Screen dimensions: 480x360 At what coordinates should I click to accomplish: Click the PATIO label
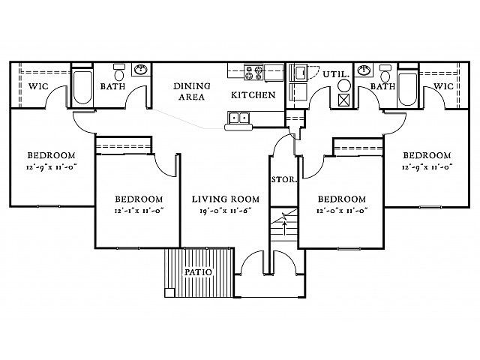tap(198, 272)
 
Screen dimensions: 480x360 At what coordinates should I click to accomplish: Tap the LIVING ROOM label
tap(226, 199)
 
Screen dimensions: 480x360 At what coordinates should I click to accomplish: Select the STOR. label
tap(284, 180)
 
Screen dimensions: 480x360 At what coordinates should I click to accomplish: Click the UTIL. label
tap(336, 74)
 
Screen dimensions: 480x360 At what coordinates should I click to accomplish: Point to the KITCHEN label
tap(253, 95)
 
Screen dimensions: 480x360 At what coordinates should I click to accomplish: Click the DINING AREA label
tap(192, 91)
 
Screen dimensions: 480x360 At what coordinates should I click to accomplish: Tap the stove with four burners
tap(253, 72)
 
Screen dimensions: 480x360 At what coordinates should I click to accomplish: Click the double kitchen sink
tap(238, 118)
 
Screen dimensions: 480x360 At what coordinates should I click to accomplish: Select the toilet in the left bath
tap(118, 72)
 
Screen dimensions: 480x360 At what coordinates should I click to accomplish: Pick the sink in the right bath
tap(364, 70)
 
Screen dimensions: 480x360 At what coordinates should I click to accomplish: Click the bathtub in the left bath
tap(82, 87)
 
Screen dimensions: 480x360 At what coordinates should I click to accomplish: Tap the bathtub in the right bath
tap(408, 89)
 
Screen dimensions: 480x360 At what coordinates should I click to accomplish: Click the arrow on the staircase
tap(285, 228)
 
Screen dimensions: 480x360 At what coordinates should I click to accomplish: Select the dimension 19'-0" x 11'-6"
tap(226, 211)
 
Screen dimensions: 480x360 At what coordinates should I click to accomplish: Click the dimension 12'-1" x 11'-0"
tap(139, 211)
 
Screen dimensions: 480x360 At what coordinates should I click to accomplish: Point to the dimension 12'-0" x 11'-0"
tap(342, 211)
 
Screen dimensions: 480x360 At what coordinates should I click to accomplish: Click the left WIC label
tap(38, 86)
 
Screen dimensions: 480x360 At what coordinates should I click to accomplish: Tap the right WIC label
tap(443, 86)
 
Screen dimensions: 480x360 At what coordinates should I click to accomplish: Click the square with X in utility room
tap(345, 100)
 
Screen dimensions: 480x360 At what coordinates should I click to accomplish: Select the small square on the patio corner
tap(169, 292)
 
